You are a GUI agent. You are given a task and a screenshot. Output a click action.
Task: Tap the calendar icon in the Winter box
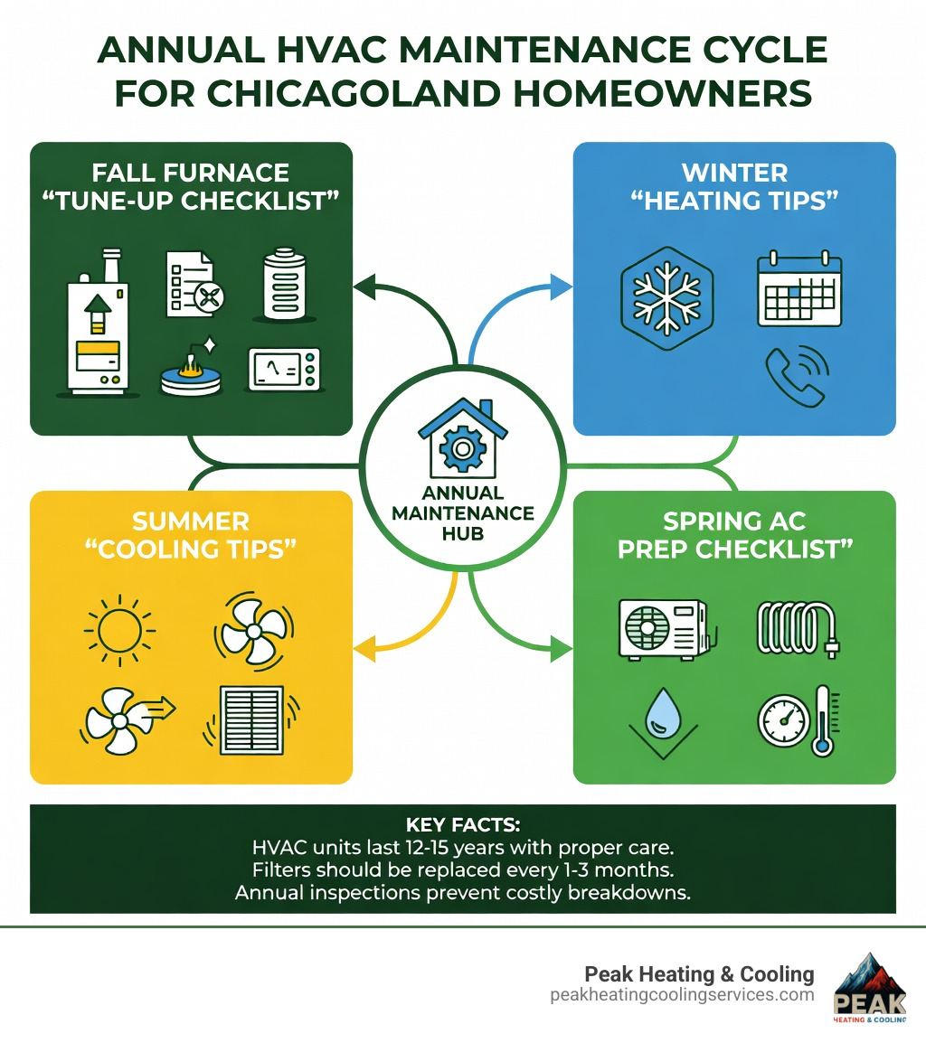click(798, 290)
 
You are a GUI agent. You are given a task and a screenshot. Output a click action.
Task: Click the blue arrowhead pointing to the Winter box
click(562, 288)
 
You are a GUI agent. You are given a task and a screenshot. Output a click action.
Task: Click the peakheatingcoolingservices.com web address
click(682, 995)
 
